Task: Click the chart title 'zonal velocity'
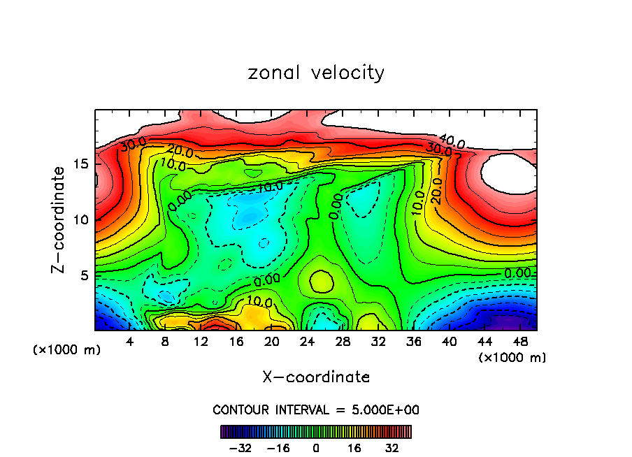tap(316, 73)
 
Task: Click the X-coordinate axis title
tap(316, 377)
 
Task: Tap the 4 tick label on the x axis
tap(129, 342)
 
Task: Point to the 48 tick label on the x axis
tap(519, 342)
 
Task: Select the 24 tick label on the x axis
tap(307, 342)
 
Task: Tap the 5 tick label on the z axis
tap(82, 275)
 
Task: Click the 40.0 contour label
tap(452, 142)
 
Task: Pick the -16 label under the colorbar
tap(279, 448)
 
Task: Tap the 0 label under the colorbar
tap(316, 448)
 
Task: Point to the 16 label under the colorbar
tap(354, 448)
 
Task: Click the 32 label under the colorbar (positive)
tap(392, 448)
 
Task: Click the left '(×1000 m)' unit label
tap(67, 350)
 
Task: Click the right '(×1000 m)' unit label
tap(512, 358)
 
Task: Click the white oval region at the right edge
tap(510, 173)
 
